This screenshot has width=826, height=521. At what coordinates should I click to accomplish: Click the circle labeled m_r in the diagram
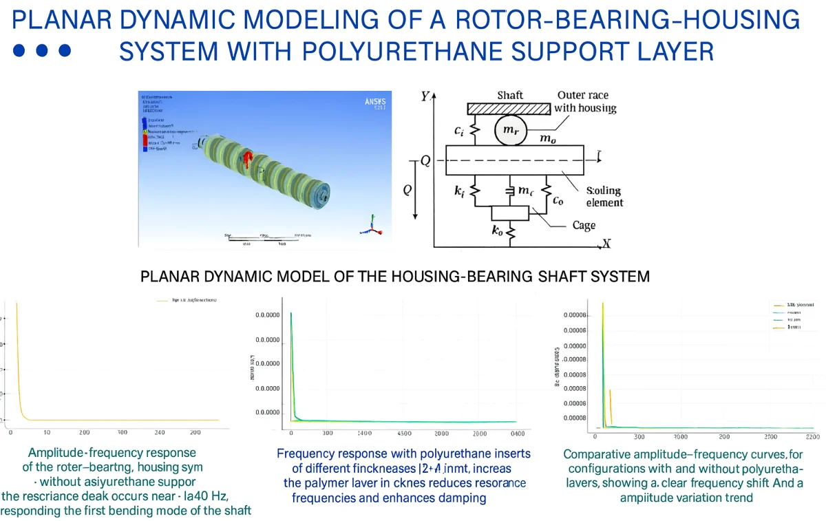click(511, 131)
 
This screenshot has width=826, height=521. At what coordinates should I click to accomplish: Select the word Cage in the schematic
click(584, 226)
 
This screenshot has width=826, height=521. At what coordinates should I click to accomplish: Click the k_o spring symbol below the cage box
click(511, 233)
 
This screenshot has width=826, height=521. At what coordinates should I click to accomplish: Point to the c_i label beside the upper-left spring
click(458, 129)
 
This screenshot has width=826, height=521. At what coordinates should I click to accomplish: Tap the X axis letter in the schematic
click(606, 243)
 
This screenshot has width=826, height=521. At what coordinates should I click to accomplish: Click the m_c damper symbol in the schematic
click(511, 191)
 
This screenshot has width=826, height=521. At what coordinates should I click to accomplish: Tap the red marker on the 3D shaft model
click(245, 160)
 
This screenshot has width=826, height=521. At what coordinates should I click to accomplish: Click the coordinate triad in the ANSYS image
click(372, 224)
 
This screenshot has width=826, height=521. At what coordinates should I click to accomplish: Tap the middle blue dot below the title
click(43, 50)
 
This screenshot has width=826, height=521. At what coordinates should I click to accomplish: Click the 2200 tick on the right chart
click(812, 437)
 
